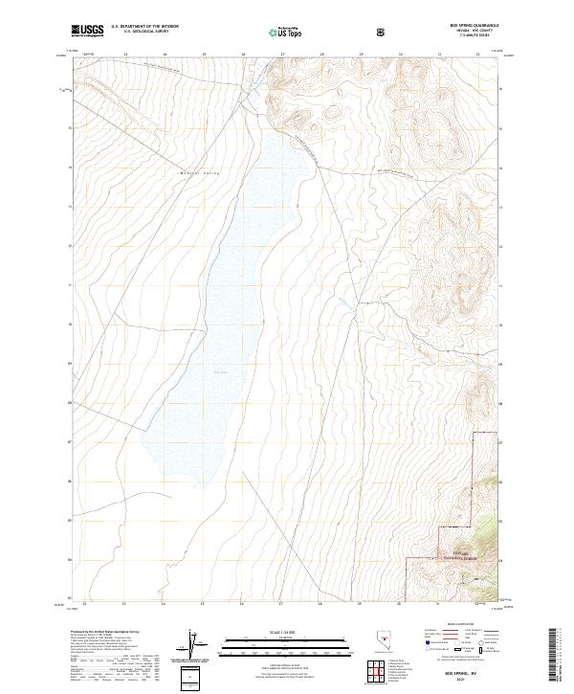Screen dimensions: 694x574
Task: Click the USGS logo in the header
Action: coord(89,31)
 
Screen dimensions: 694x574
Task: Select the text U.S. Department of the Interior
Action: coord(145,27)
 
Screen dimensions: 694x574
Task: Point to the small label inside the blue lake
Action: coord(221,373)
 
